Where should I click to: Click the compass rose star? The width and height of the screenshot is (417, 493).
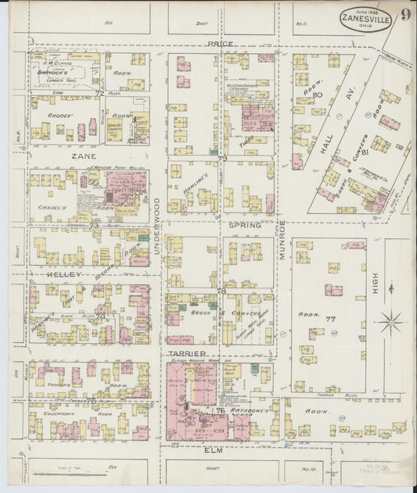390,320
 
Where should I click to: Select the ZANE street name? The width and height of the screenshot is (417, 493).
84,156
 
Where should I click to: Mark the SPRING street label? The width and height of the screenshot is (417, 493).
244,224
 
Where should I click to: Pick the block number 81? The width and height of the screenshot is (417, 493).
385,153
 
